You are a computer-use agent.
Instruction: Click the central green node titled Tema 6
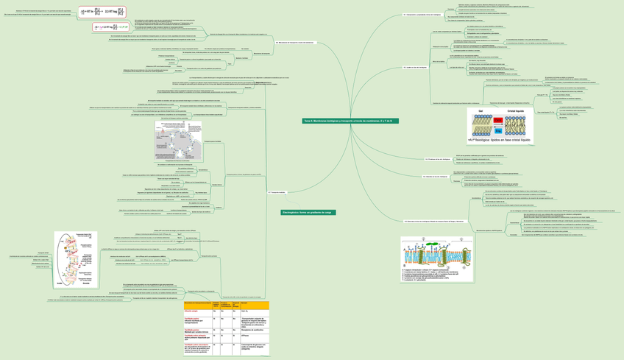point(350,121)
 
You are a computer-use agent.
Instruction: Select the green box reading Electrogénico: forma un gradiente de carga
point(308,212)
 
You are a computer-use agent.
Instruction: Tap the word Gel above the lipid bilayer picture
point(481,110)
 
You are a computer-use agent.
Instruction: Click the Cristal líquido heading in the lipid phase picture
point(519,110)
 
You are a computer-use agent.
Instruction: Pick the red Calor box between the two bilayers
point(497,120)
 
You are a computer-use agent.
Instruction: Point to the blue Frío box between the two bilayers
point(497,130)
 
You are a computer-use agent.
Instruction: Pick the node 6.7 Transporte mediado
point(277,192)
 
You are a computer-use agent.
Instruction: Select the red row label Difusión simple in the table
point(196,311)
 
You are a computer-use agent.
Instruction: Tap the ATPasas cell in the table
point(245,336)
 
